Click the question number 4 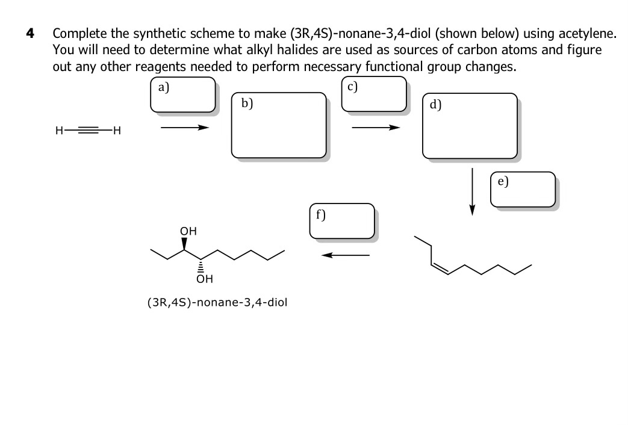(x=29, y=34)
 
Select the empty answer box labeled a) (x=183, y=95)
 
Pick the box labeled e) (x=523, y=190)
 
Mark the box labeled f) (x=342, y=221)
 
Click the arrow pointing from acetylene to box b (x=184, y=128)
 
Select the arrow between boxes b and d (x=376, y=128)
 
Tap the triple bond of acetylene (x=88, y=129)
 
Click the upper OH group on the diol (x=188, y=231)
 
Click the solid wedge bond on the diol (x=185, y=244)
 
